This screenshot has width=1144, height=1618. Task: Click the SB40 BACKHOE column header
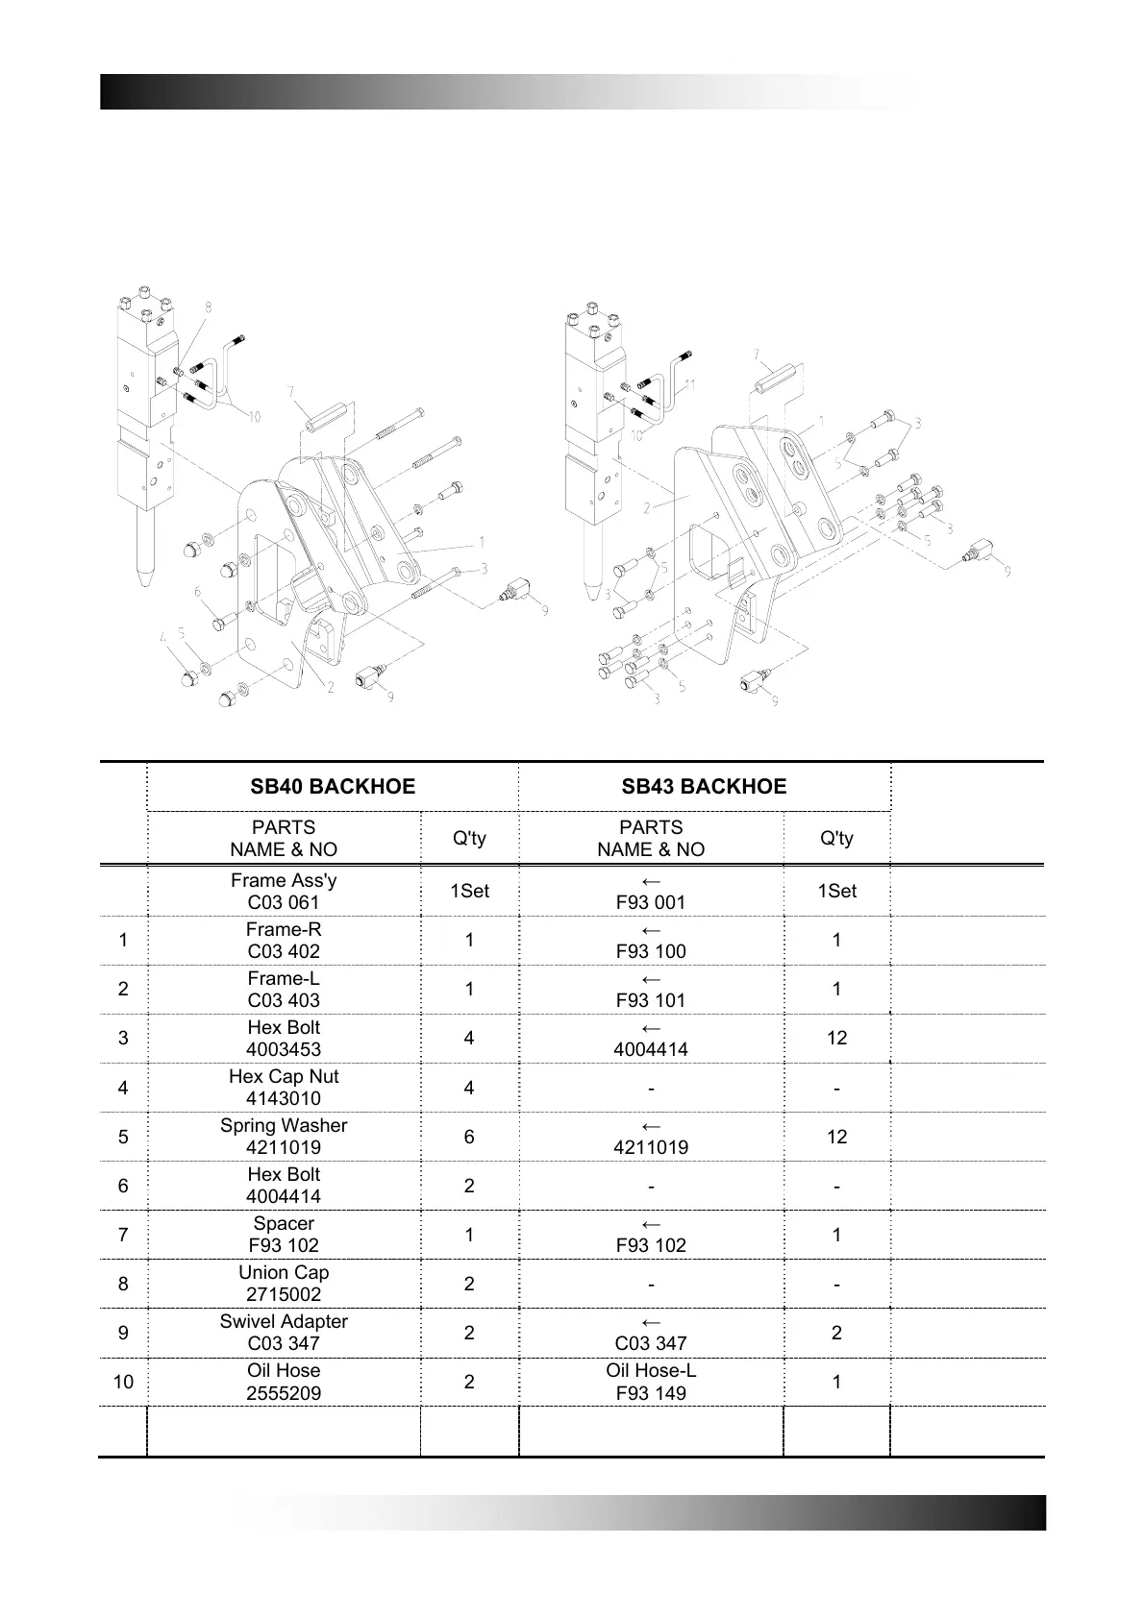click(333, 787)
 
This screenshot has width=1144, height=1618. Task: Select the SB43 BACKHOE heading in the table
click(704, 787)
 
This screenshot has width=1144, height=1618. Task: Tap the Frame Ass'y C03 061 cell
click(284, 892)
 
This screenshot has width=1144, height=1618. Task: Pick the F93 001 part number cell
click(651, 892)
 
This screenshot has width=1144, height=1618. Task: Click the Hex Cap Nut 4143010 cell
click(284, 1088)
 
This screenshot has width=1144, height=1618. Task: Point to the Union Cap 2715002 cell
click(284, 1284)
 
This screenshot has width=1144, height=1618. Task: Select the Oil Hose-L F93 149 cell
click(651, 1382)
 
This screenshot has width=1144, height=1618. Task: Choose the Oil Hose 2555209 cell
click(284, 1382)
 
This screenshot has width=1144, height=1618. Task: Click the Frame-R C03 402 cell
click(284, 941)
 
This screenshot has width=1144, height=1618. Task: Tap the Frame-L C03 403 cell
click(284, 990)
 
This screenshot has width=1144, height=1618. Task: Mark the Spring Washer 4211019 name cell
click(284, 1137)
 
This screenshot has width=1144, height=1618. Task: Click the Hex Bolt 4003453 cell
click(284, 1039)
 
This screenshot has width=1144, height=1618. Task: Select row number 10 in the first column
click(123, 1383)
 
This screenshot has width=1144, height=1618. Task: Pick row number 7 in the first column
click(123, 1235)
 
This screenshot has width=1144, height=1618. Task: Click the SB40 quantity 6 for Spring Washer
click(469, 1137)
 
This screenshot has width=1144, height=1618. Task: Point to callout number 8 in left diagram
click(208, 307)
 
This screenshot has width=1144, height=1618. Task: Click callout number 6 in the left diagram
click(198, 592)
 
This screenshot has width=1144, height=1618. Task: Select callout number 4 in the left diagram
click(163, 636)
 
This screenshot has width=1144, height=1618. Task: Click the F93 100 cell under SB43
click(651, 941)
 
